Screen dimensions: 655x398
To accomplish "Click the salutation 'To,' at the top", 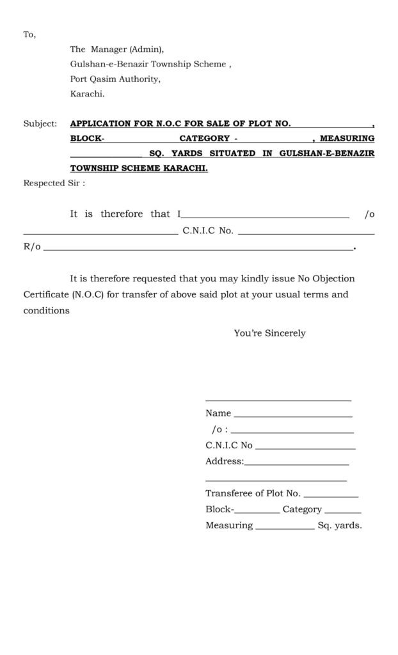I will pos(29,35).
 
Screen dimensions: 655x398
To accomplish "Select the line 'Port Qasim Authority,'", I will pos(115,79).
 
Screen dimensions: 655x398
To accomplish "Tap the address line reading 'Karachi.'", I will pos(87,94).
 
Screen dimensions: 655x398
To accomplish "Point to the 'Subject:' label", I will pos(40,123).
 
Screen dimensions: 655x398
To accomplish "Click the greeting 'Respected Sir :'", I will pos(54,183).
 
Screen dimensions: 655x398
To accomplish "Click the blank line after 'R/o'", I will pos(198,248).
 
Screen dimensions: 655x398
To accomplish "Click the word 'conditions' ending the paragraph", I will pos(46,311).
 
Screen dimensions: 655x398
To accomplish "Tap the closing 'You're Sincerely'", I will pos(269,333).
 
